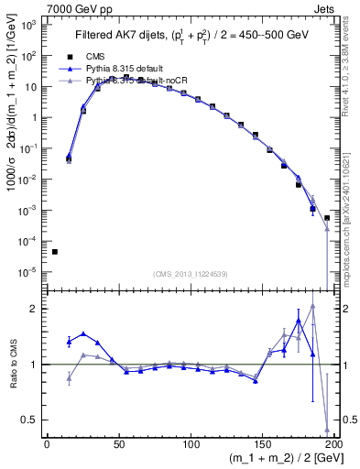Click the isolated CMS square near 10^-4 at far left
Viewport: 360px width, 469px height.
pyautogui.click(x=54, y=252)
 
